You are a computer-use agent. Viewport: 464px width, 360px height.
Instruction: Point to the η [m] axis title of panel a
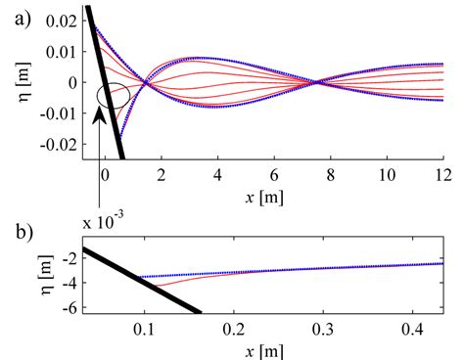(14, 83)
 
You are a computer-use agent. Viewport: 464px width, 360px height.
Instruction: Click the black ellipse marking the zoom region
(113, 97)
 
